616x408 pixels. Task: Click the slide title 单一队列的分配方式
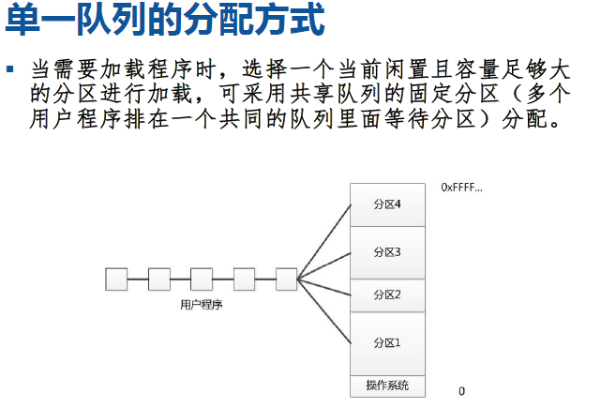click(164, 21)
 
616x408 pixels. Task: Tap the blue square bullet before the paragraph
click(11, 70)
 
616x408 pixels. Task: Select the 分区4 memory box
click(386, 205)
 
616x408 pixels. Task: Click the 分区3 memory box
click(386, 252)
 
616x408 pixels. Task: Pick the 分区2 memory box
click(386, 295)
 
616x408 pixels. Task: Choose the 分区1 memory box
click(386, 342)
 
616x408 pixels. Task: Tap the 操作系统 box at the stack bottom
click(386, 385)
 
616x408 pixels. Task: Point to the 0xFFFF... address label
click(461, 188)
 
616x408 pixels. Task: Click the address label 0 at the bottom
click(461, 390)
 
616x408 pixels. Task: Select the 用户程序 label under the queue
click(201, 304)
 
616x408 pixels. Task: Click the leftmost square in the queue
click(116, 279)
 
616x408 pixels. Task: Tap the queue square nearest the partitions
click(287, 279)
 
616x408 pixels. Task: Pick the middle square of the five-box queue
click(202, 279)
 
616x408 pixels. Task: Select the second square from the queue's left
click(158, 279)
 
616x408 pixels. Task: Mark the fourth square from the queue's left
click(245, 279)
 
